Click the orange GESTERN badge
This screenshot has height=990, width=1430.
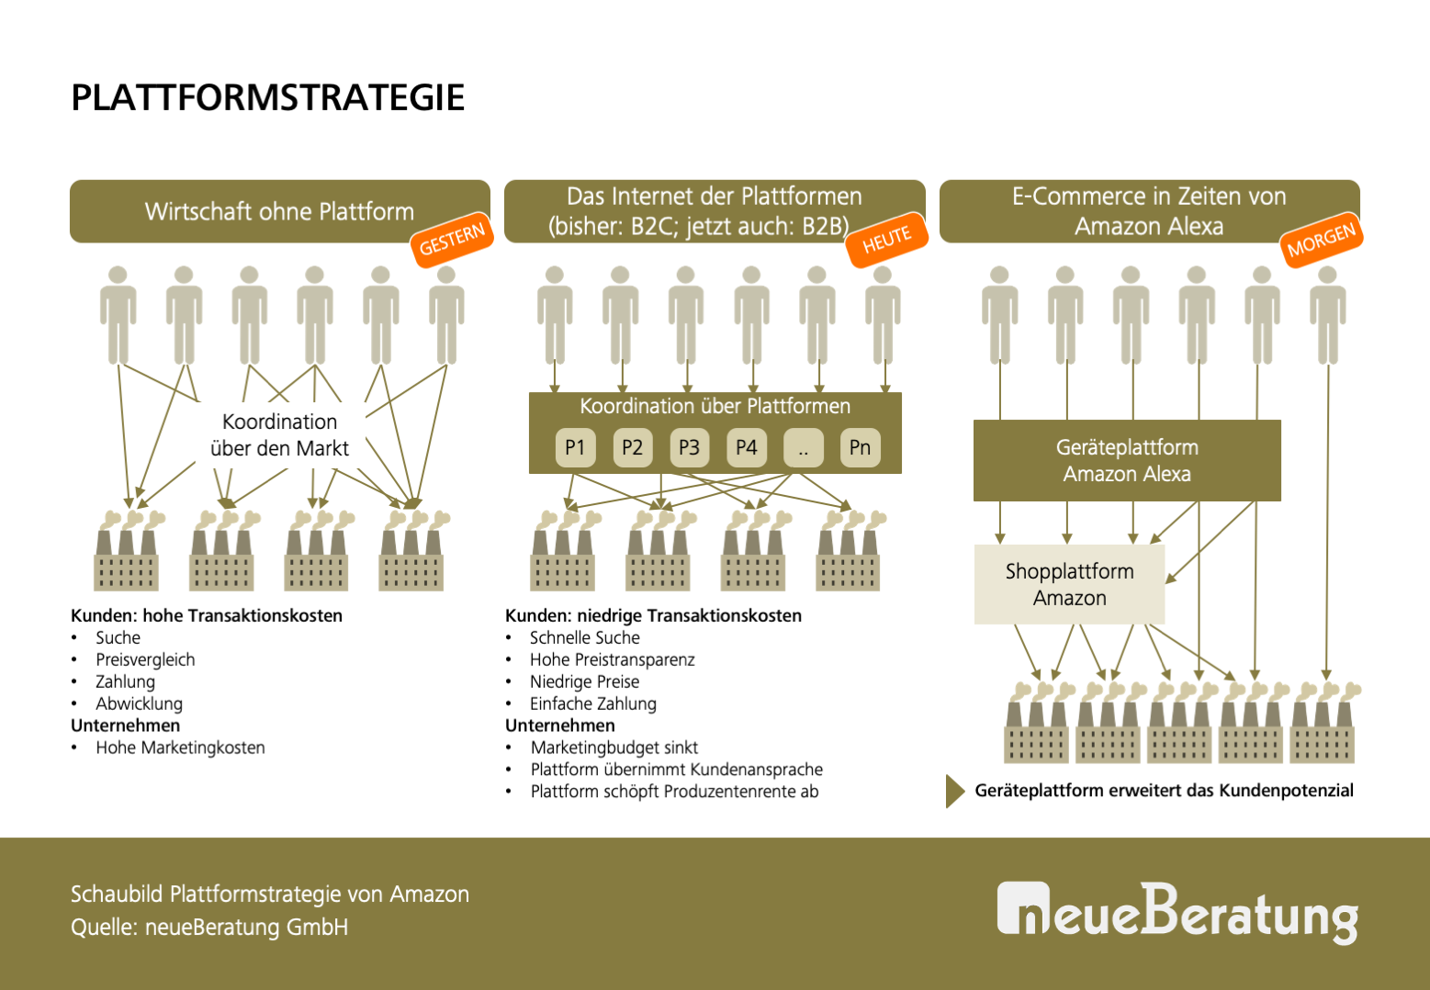452,240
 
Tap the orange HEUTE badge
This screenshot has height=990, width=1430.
887,241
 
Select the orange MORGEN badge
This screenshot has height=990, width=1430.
1321,240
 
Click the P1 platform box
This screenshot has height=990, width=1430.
575,447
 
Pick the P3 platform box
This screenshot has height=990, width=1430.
689,447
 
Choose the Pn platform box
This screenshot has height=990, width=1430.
860,447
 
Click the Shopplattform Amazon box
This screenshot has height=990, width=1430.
1069,584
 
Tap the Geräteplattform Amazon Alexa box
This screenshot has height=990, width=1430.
1127,460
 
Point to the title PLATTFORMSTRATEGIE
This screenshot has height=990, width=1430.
268,97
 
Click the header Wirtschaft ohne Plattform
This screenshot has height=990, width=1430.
279,211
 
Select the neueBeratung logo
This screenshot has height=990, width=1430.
1177,912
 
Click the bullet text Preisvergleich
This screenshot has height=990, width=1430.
145,659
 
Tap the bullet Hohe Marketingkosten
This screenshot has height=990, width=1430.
180,748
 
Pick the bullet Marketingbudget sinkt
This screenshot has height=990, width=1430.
614,748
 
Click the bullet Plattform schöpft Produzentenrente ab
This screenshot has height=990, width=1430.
674,792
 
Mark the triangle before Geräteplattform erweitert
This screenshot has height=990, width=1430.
954,791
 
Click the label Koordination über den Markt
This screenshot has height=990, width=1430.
279,434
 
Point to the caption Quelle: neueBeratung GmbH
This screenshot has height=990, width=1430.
209,928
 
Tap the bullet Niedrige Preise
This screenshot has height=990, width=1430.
584,681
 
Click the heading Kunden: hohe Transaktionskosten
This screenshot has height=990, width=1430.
207,615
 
